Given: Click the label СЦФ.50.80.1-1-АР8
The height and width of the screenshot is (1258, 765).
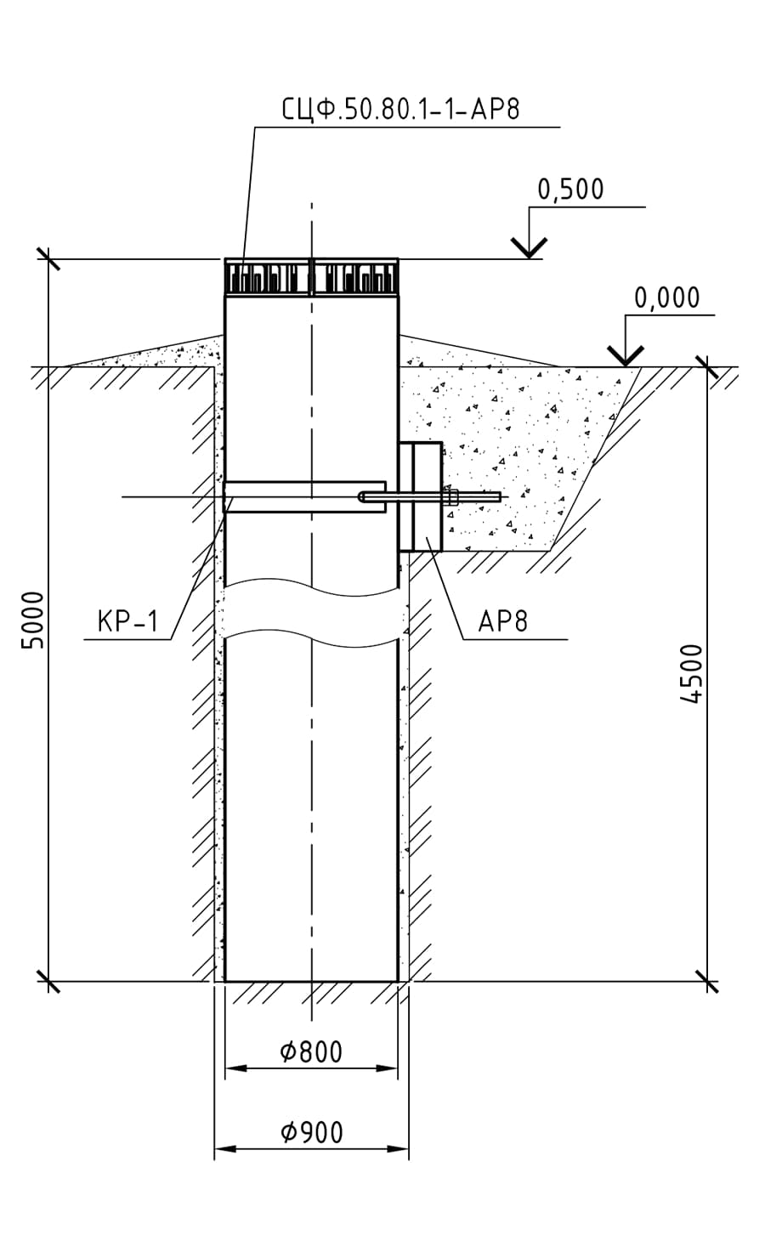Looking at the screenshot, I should coord(399,110).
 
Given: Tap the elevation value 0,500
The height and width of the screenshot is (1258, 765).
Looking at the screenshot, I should coord(570,189).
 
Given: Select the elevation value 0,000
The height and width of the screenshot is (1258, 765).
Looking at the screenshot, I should coord(667,297).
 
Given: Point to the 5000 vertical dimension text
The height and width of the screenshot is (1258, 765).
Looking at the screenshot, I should coord(32,619).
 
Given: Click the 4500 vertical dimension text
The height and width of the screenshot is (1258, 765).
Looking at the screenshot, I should coord(693,673).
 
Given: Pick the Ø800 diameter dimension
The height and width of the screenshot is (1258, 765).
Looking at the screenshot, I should coord(311,1052).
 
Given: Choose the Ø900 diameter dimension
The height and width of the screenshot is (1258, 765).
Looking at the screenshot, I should coord(311,1132).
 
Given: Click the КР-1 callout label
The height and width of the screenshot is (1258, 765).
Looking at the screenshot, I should coord(127,621).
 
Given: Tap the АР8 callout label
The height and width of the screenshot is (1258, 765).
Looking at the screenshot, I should coord(503,621).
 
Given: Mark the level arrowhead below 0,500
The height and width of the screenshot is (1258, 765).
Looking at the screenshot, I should coord(529,248).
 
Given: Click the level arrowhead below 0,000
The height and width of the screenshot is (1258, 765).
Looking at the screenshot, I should coord(625,357).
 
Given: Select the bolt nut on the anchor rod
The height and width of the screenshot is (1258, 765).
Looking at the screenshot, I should coord(449,496).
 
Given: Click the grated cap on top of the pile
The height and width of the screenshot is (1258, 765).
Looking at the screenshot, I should coord(311,276).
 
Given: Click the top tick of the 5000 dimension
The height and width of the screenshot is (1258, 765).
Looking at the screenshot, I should coord(48,258).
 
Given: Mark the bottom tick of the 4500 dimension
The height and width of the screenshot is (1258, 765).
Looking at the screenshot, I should coord(706,982).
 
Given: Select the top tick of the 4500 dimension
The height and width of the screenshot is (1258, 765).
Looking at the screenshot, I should coord(706,367).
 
